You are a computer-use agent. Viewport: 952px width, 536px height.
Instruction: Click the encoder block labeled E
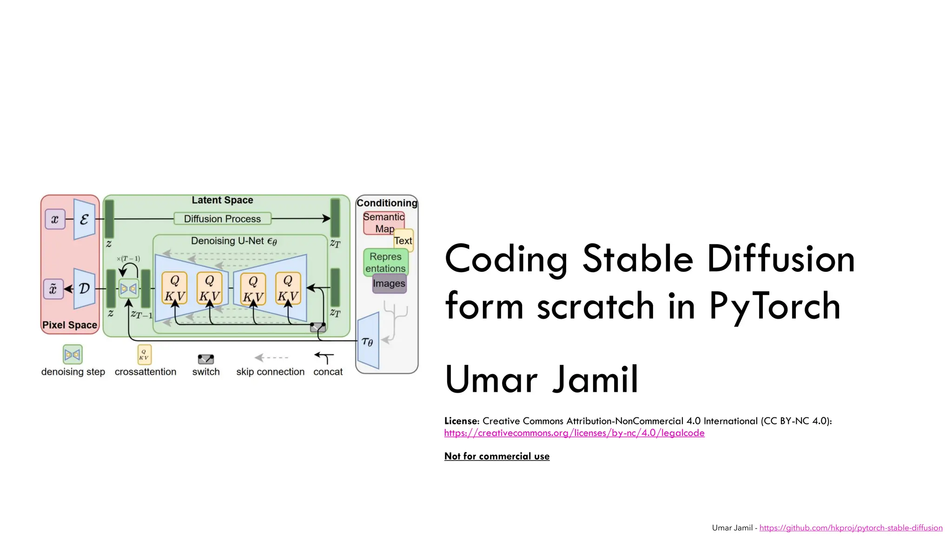tap(84, 219)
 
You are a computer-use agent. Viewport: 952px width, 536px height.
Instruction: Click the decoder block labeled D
tap(84, 288)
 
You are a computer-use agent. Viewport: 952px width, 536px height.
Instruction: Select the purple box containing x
tap(55, 219)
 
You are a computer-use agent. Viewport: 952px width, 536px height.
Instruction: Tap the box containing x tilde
tap(53, 289)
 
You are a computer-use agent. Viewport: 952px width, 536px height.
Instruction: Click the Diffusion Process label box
tap(222, 219)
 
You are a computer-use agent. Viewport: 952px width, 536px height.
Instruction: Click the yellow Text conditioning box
tap(403, 240)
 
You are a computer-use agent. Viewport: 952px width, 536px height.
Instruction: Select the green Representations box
tap(385, 262)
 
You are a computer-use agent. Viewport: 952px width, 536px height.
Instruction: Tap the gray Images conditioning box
tap(389, 283)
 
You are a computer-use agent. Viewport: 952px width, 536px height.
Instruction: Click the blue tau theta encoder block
tap(368, 342)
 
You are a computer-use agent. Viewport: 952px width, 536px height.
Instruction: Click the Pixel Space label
tap(70, 325)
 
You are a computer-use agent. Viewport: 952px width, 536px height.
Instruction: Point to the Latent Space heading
tap(222, 200)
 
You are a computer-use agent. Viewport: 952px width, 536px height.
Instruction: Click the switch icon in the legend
tap(206, 359)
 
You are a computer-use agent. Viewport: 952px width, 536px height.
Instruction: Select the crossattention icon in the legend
tap(144, 355)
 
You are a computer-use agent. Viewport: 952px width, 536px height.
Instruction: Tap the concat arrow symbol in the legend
tap(325, 357)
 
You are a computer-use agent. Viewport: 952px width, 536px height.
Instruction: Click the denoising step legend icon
tap(73, 355)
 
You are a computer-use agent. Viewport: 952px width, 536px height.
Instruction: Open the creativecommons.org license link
tap(574, 433)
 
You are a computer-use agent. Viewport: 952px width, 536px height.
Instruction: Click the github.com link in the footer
tap(851, 528)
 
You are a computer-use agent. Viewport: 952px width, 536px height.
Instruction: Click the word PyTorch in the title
tap(775, 306)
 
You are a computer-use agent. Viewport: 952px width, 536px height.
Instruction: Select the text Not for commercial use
tap(496, 456)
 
